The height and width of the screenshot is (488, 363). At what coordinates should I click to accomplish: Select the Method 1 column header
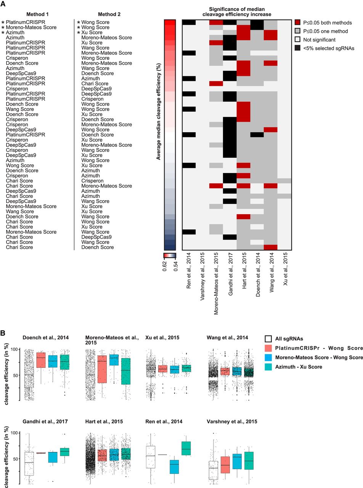pos(37,14)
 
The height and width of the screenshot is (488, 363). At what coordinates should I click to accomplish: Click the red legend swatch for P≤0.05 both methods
pos(298,22)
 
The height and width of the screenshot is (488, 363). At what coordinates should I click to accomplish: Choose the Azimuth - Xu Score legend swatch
pos(269,367)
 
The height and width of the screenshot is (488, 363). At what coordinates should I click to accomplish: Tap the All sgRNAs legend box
pos(269,338)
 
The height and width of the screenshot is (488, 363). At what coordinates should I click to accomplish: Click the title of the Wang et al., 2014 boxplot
pos(227,338)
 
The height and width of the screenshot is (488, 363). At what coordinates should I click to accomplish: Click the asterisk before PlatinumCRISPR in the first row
pos(3,22)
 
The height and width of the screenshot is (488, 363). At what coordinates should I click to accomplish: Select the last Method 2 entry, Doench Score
pos(97,247)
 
